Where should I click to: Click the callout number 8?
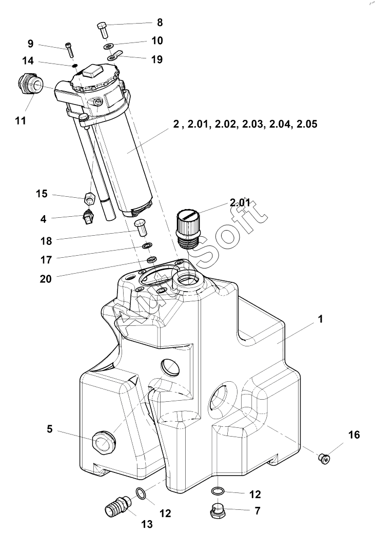click(160, 23)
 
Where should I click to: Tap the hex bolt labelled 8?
click(103, 30)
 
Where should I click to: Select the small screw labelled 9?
click(69, 50)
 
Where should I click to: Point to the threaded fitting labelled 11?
click(30, 84)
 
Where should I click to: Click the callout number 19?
click(157, 59)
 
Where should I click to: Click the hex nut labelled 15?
click(89, 198)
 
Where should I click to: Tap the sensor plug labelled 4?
click(88, 217)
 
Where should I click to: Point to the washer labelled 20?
click(152, 260)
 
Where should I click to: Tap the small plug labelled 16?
click(324, 457)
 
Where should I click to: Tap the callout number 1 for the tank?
click(321, 319)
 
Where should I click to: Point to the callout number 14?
click(28, 60)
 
